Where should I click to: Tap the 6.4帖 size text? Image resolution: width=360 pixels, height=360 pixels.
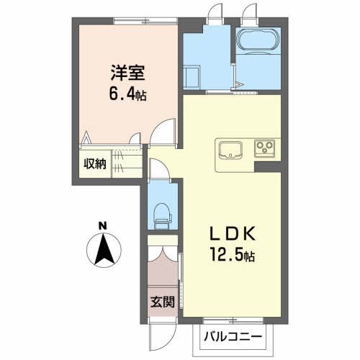click(x=128, y=94)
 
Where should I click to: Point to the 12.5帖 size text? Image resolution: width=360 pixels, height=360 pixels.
click(x=231, y=255)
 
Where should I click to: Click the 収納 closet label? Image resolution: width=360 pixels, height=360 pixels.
click(x=94, y=163)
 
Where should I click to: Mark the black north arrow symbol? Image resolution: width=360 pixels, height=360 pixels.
click(x=103, y=248)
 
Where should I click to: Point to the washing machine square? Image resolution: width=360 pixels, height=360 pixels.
click(x=193, y=76)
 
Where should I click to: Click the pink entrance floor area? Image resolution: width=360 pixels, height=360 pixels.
click(x=161, y=277)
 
